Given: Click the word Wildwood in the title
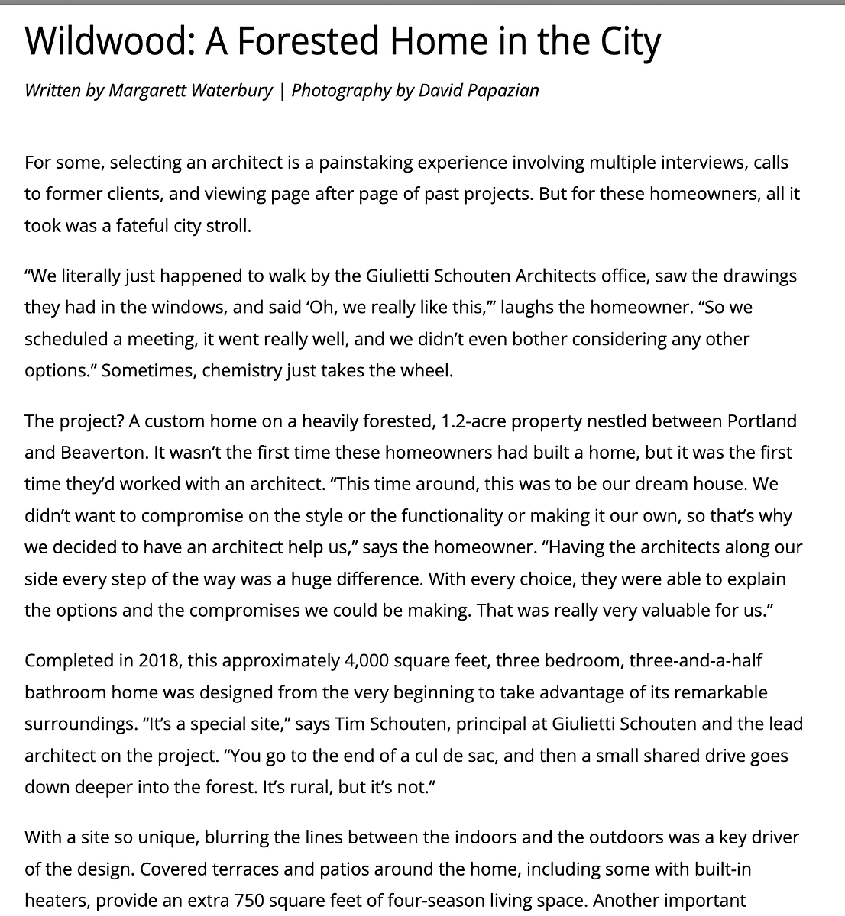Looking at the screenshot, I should (x=108, y=43).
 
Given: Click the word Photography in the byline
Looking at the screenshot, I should (x=341, y=91).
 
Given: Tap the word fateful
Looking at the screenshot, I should (x=145, y=227).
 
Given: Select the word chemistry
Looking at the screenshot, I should (x=227, y=371).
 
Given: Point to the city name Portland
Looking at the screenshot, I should (x=762, y=421).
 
